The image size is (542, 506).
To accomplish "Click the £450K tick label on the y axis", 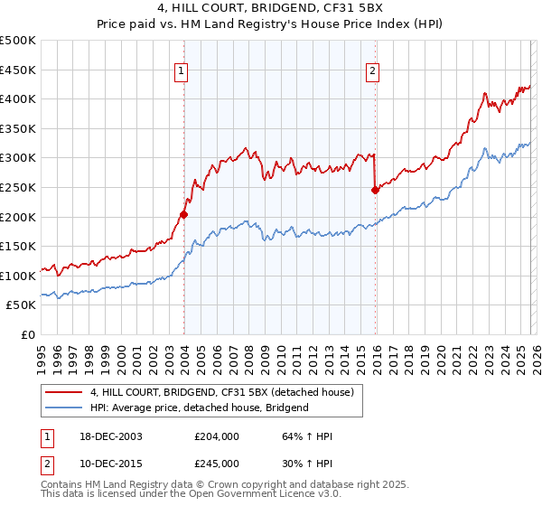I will pos(18,70).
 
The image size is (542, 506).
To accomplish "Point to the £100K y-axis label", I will pos(18,276).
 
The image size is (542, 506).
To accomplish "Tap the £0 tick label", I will pos(27,334).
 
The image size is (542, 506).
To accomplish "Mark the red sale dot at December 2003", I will pos(183,214).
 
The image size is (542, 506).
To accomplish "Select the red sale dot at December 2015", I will pos(375,190).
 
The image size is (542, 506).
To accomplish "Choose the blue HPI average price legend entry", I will pos(199,408).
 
